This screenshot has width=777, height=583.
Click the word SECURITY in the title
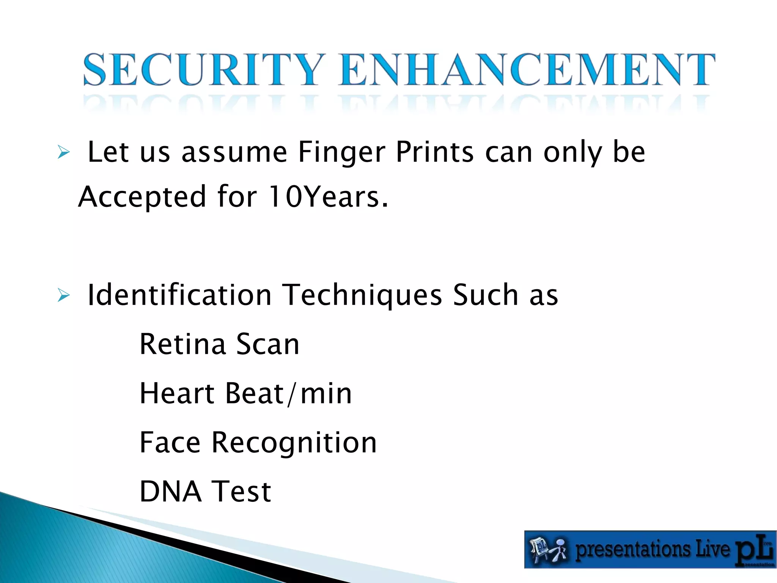coord(204,70)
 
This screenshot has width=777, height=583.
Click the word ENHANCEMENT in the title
coord(527,70)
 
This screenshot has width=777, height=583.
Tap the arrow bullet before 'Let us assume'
coord(64,153)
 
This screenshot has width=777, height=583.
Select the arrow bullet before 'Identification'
coord(64,295)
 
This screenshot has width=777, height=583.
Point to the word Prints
coord(435,152)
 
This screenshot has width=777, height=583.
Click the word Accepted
coord(142,197)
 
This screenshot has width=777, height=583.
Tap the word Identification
coord(179,295)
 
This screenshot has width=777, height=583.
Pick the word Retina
coord(183,344)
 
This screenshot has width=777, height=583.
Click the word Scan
coord(268,344)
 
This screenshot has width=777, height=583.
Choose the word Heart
coord(177,393)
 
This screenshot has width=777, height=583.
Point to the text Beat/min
coord(288,393)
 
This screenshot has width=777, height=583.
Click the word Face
coord(170,443)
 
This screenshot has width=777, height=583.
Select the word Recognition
coord(294,443)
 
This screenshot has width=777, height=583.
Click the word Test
coord(241,492)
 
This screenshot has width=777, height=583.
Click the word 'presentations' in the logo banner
coord(632,550)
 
